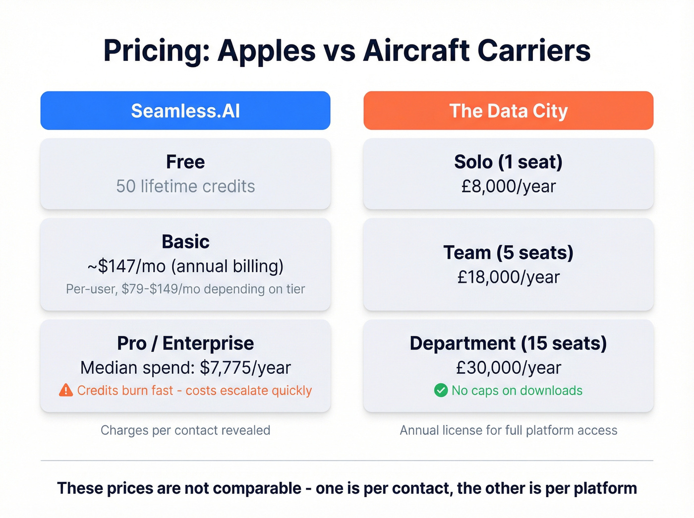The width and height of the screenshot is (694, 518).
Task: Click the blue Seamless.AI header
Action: tap(185, 111)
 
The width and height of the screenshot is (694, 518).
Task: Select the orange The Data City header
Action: tap(508, 111)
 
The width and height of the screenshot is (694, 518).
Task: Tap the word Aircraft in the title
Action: tap(416, 51)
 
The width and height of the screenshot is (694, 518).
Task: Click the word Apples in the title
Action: tap(267, 51)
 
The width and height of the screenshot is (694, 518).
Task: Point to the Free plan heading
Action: tap(185, 162)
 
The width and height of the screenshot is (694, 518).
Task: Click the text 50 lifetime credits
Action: tap(185, 186)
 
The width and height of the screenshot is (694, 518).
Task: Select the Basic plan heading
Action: tap(185, 242)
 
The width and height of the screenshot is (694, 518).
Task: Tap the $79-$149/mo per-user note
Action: tap(185, 289)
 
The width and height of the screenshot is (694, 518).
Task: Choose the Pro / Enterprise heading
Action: tap(185, 343)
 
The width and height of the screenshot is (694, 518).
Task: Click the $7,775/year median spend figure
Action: tap(245, 368)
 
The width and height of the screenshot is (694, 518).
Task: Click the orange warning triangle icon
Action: tap(65, 391)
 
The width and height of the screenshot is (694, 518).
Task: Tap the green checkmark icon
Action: tap(441, 391)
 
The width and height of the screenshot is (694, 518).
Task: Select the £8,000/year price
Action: tap(508, 186)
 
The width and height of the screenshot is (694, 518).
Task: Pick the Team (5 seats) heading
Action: tap(508, 253)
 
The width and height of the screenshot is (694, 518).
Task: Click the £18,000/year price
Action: tap(508, 277)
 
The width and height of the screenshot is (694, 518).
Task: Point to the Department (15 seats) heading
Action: tap(508, 343)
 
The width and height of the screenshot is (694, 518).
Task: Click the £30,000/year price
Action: tap(508, 368)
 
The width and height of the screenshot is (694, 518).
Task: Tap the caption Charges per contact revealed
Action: tap(185, 430)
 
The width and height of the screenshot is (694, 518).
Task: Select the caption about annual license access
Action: tap(508, 430)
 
